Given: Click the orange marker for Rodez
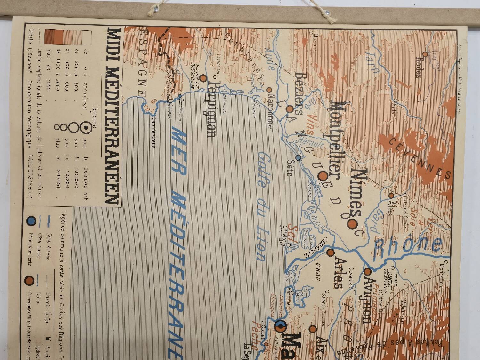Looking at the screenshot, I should pos(425,54).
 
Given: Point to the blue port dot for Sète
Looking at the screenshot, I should pos(298,158).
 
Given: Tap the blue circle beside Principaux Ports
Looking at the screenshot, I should pos(31,220).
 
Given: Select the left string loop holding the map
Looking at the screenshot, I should pos(157,9).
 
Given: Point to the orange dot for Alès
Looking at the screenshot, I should pos(391,195).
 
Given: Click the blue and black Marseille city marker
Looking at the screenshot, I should pos(281,327).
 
